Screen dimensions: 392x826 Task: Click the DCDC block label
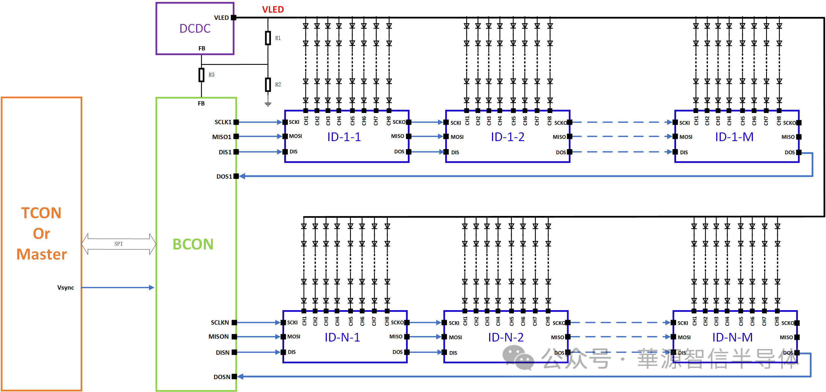195,29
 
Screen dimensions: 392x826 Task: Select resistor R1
268,38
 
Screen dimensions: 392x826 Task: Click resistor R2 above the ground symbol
268,85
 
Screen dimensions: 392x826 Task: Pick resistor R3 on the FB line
201,75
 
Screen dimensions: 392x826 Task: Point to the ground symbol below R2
268,104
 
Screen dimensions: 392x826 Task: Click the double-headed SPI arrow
119,244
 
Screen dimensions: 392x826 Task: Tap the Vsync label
66,287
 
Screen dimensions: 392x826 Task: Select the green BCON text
193,244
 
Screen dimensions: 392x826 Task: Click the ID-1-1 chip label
344,137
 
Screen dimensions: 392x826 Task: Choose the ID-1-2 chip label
507,137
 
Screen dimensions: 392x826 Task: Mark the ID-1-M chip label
734,137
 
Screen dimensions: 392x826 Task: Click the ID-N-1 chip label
342,337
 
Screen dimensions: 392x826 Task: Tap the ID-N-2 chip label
506,337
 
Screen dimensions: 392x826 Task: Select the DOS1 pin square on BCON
236,176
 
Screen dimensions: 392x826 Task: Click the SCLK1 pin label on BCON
223,122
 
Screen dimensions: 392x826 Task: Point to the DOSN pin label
222,377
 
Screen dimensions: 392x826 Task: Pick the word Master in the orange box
42,254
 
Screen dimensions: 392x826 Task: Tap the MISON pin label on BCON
218,336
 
